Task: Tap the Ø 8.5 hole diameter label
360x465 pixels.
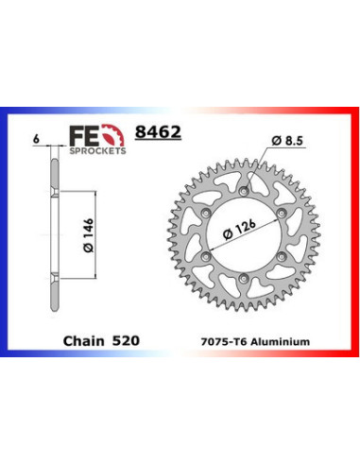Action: pyautogui.click(x=287, y=141)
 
